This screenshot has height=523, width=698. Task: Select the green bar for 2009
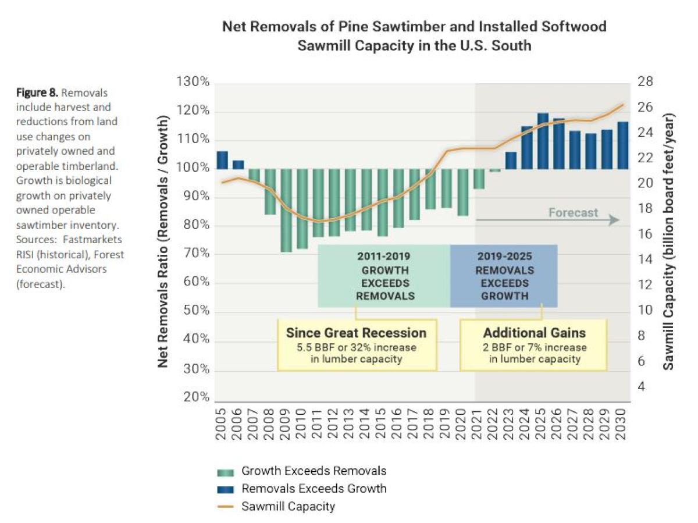pos(286,210)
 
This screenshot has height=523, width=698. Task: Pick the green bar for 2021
pos(478,179)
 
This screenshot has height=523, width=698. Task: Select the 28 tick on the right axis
pos(645,82)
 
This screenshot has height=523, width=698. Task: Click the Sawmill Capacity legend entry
pos(288,506)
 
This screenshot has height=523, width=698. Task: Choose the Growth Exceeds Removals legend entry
pos(314,471)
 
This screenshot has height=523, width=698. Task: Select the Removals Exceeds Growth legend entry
pos(314,489)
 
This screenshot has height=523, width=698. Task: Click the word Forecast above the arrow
pos(573,212)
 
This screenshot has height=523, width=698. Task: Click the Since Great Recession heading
pos(356,333)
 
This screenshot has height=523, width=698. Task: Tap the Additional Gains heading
pos(535,333)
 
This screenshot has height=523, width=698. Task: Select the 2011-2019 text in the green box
pos(384,257)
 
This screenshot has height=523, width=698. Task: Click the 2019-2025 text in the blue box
pos(504,257)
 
